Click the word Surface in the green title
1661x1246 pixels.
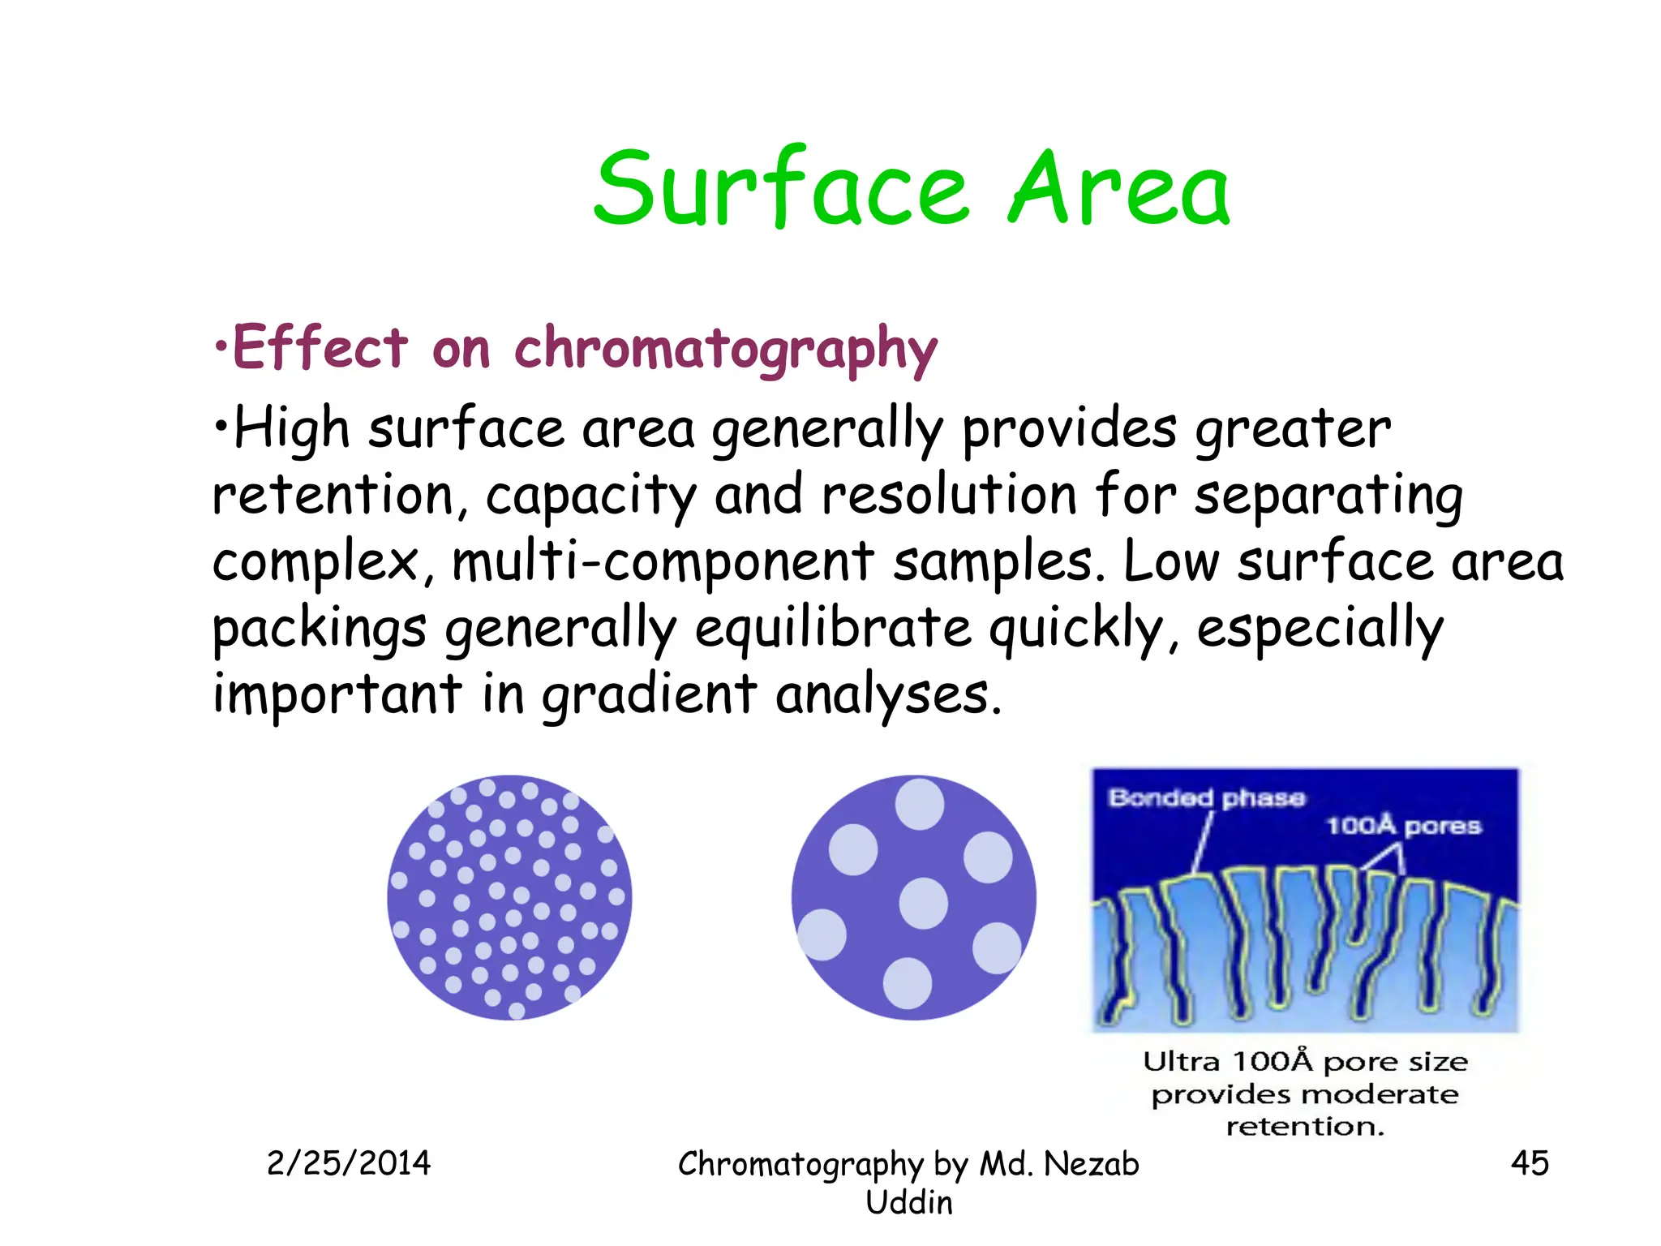point(781,190)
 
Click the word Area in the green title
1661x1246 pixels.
point(1118,190)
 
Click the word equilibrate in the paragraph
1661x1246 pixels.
point(833,629)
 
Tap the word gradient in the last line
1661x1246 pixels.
point(649,696)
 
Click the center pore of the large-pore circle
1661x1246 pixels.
point(923,903)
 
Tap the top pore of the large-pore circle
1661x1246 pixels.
point(919,804)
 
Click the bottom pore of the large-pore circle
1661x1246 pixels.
point(907,982)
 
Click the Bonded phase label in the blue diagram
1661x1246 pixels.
point(1206,798)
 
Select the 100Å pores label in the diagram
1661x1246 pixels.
point(1403,826)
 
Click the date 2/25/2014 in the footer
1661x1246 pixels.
point(349,1163)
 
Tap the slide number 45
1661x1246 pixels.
point(1529,1163)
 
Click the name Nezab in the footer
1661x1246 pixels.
point(1091,1164)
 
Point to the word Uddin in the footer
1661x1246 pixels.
point(908,1203)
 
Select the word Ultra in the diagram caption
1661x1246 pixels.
point(1181,1062)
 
